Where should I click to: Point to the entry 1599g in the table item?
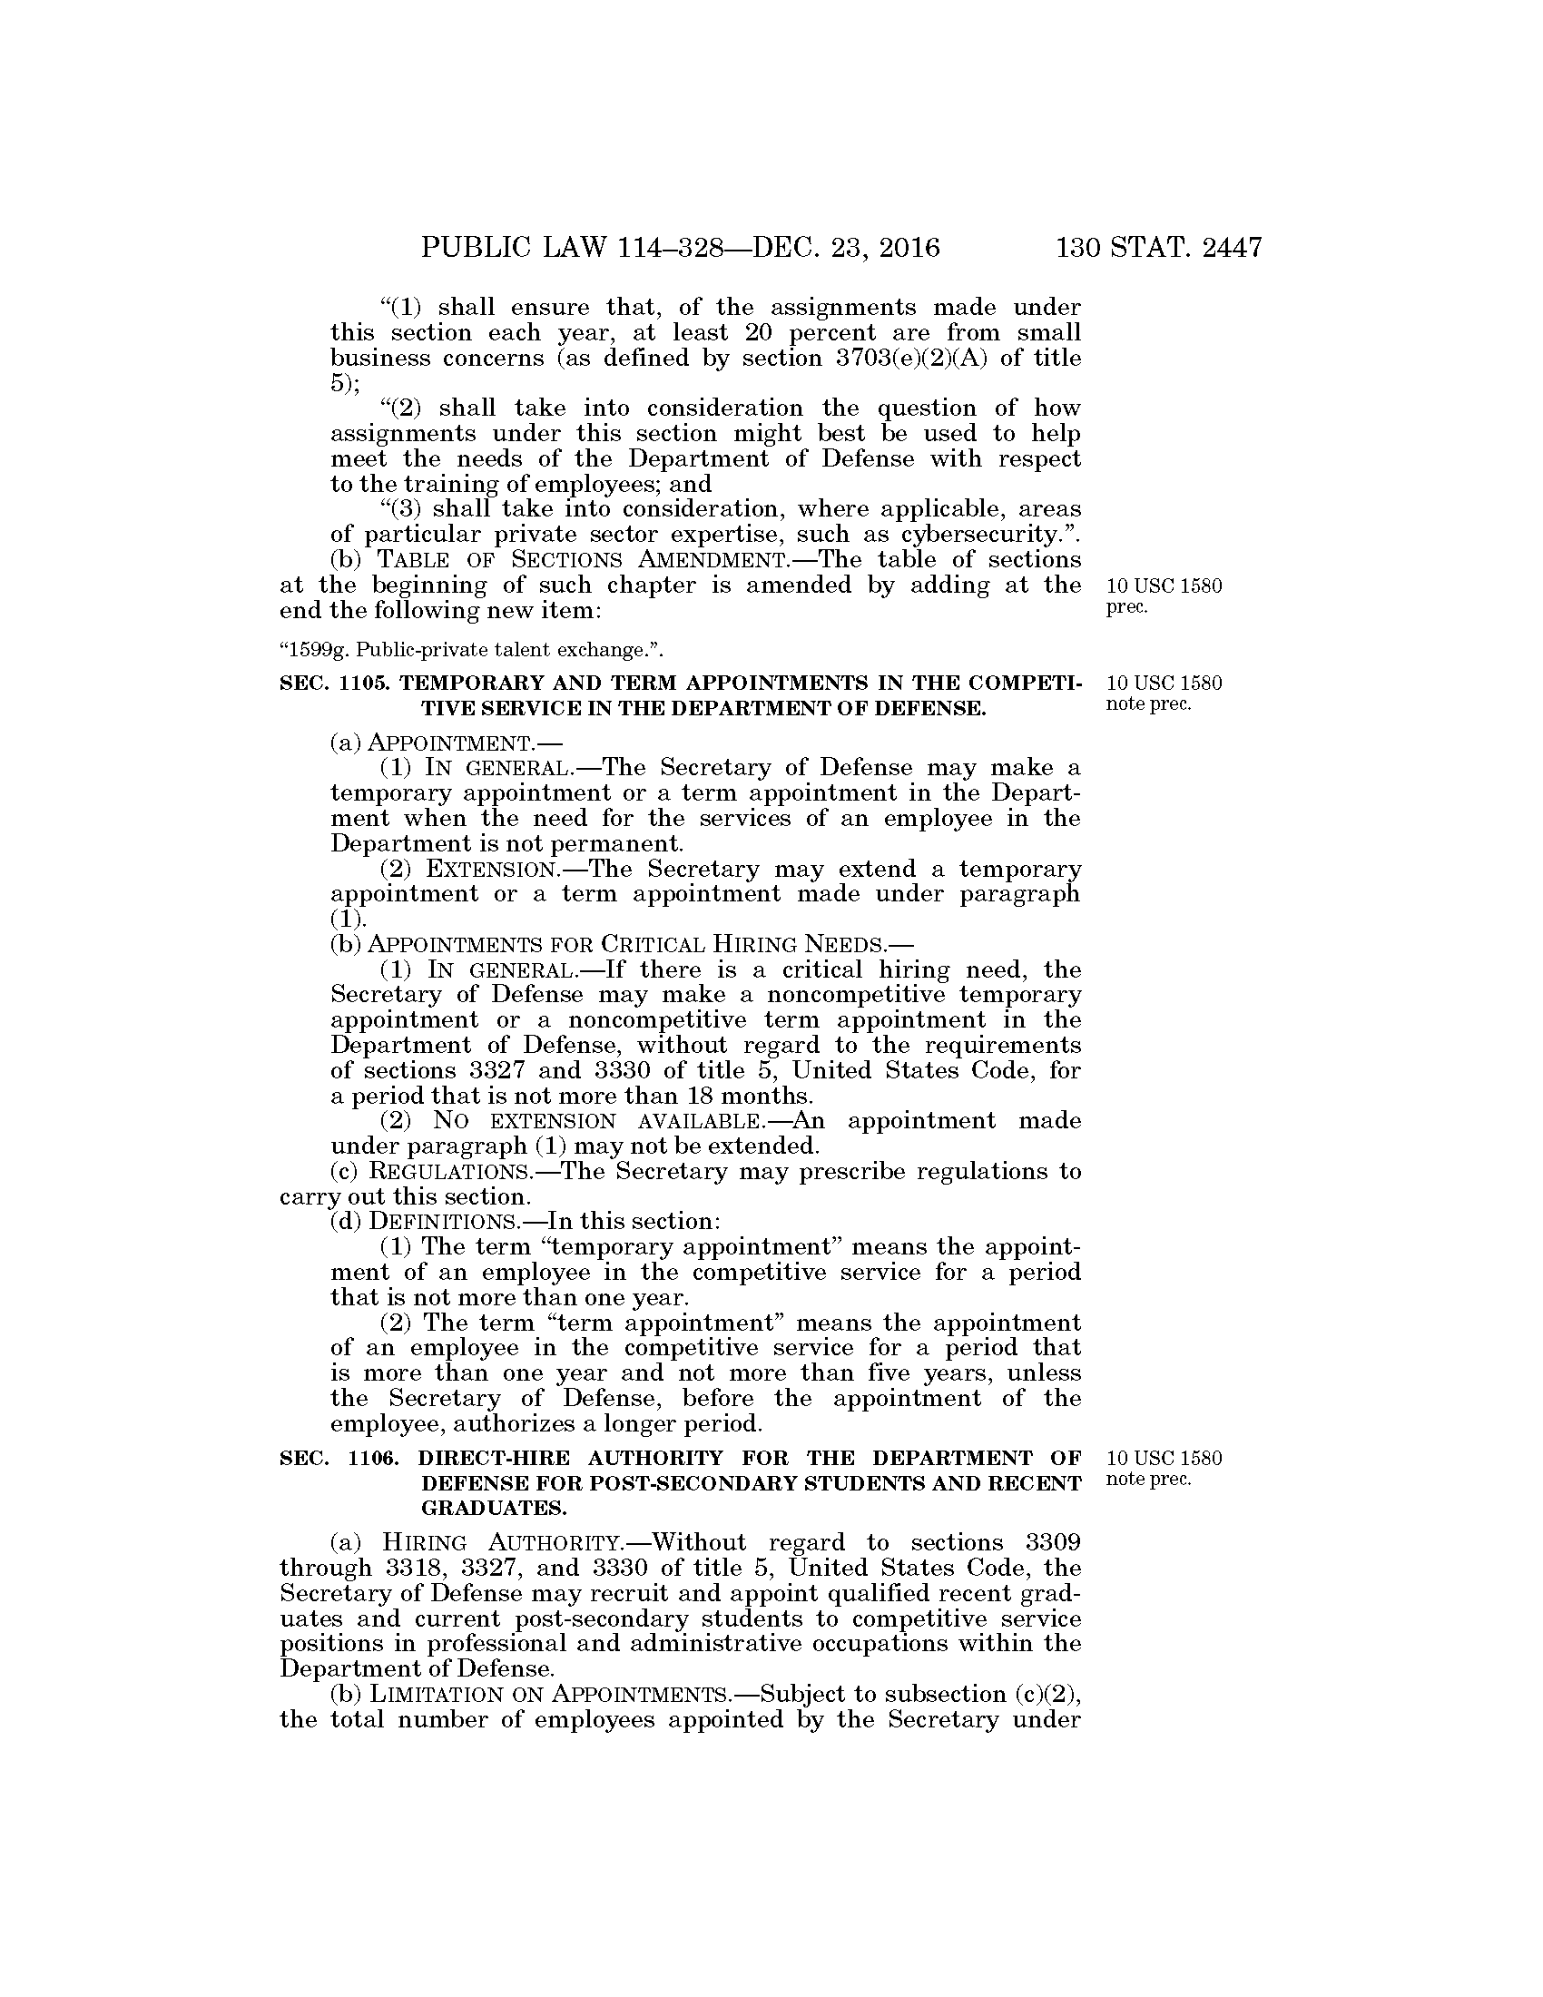(x=310, y=650)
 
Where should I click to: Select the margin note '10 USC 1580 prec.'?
(x=1164, y=596)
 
